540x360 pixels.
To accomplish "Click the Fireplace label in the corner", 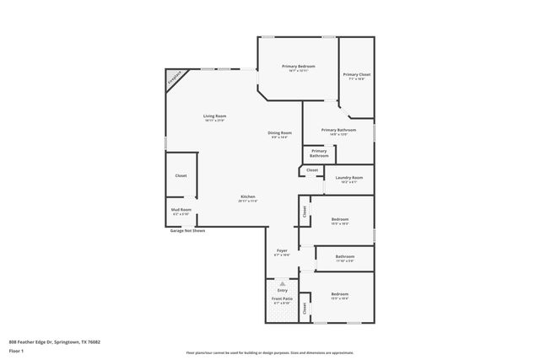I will [175, 79].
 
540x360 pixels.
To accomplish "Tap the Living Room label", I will [214, 116].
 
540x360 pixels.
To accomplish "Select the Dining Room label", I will [280, 132].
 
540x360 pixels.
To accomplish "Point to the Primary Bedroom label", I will [299, 66].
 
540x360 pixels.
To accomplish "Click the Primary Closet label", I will [356, 74].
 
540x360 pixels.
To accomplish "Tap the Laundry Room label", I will [348, 177].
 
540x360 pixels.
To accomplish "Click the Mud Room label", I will [181, 209].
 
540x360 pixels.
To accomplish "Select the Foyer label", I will [283, 250].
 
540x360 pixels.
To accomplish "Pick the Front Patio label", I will [282, 299].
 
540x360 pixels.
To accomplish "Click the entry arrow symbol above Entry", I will [283, 284].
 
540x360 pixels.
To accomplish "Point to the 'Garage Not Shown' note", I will [186, 229].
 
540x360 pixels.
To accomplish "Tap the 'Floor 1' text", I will [16, 350].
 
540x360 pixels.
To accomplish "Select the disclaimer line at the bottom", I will [269, 353].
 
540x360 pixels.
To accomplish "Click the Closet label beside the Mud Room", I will [181, 175].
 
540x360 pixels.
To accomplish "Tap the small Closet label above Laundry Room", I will [312, 169].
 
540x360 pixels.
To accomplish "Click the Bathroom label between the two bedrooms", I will [344, 256].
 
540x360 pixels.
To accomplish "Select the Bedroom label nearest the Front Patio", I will [340, 294].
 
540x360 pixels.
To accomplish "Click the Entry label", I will [283, 290].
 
